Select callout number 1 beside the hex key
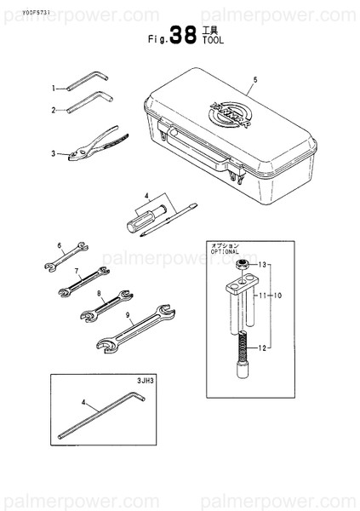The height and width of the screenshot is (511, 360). pyautogui.click(x=53, y=88)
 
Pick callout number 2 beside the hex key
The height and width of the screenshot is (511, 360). pyautogui.click(x=53, y=110)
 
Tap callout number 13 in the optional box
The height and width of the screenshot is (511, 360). pyautogui.click(x=263, y=265)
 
